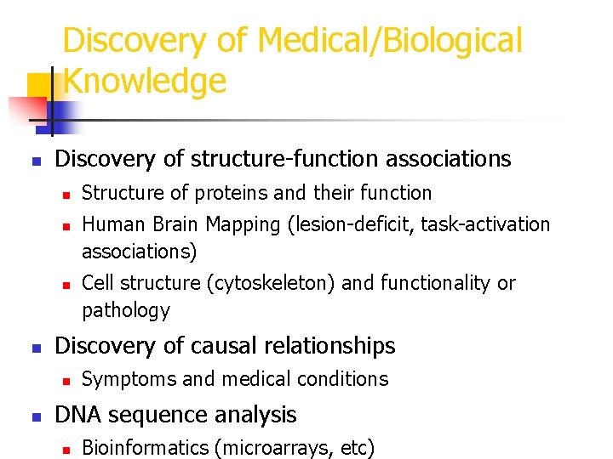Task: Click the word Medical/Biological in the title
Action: (390, 40)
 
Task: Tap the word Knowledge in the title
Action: (145, 81)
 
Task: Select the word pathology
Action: (125, 310)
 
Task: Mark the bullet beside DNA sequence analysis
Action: (35, 416)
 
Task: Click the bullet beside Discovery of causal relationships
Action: (35, 348)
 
